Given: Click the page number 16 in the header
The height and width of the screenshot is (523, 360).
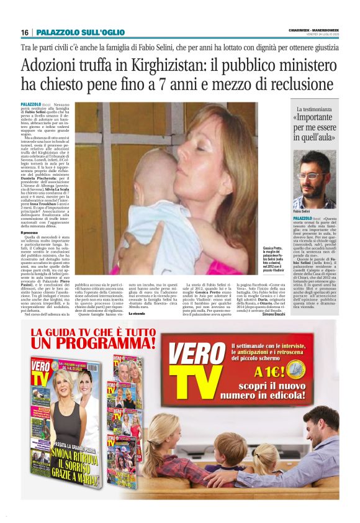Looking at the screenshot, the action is [25, 32].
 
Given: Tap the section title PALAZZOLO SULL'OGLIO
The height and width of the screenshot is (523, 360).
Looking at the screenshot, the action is [80, 32].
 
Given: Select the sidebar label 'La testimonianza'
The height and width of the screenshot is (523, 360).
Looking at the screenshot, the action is [314, 109].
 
